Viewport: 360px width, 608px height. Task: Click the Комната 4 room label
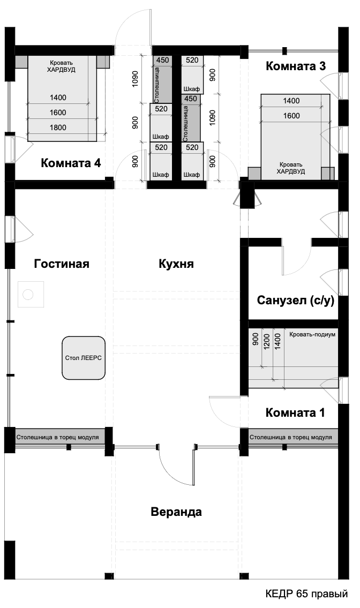click(x=71, y=163)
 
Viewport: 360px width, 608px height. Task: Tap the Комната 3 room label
click(x=296, y=66)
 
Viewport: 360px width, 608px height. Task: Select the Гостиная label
click(x=62, y=264)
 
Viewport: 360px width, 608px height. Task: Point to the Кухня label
click(x=176, y=264)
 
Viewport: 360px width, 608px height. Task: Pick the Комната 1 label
click(x=295, y=412)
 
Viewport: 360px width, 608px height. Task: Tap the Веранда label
click(x=176, y=512)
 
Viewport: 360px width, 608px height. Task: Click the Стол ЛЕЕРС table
click(x=84, y=358)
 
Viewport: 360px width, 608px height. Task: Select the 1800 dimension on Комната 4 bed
click(x=58, y=127)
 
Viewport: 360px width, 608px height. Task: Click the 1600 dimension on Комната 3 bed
click(x=291, y=116)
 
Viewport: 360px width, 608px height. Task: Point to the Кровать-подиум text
click(x=312, y=334)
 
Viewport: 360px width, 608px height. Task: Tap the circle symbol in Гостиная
click(x=28, y=295)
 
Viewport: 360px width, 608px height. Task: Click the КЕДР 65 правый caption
click(x=306, y=594)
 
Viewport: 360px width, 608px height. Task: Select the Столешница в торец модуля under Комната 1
click(x=290, y=437)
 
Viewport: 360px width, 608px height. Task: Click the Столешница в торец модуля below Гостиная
click(x=57, y=437)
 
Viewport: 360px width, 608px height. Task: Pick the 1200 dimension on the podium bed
click(x=266, y=342)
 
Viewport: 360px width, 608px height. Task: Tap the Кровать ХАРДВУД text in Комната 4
click(x=61, y=66)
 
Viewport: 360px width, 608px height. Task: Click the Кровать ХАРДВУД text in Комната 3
click(x=291, y=168)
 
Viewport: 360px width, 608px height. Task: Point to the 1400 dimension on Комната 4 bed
click(x=58, y=97)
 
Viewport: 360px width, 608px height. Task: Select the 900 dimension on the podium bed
click(x=255, y=339)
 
